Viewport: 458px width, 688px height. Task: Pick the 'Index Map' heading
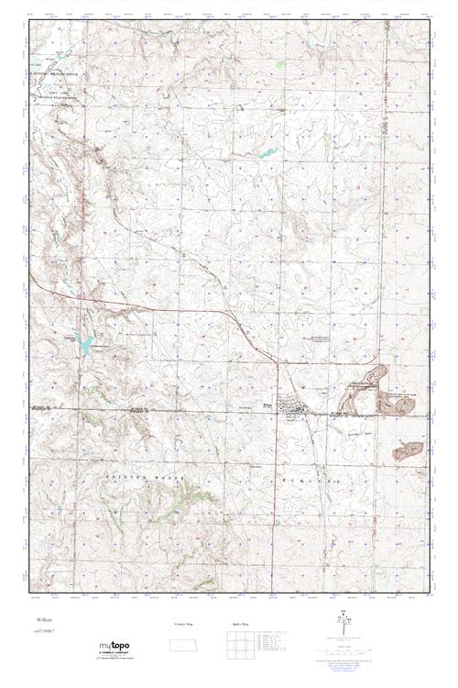tap(236, 623)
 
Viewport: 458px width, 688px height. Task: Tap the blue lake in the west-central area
tap(84, 345)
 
